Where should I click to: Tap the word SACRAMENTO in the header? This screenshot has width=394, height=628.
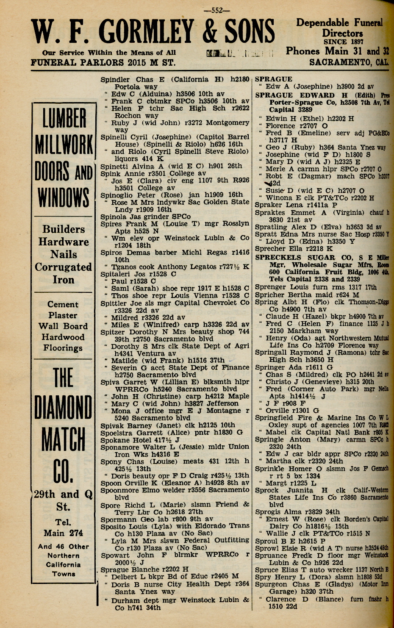point(341,63)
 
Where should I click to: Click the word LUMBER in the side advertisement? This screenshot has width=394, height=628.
point(64,119)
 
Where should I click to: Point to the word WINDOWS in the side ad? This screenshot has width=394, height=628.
point(64,197)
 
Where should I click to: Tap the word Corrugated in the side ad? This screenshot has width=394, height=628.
point(63,267)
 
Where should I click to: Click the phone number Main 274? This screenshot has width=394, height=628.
point(63,533)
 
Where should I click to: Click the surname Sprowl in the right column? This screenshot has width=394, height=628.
point(267,548)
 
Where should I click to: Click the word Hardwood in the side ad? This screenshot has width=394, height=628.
point(63,337)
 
